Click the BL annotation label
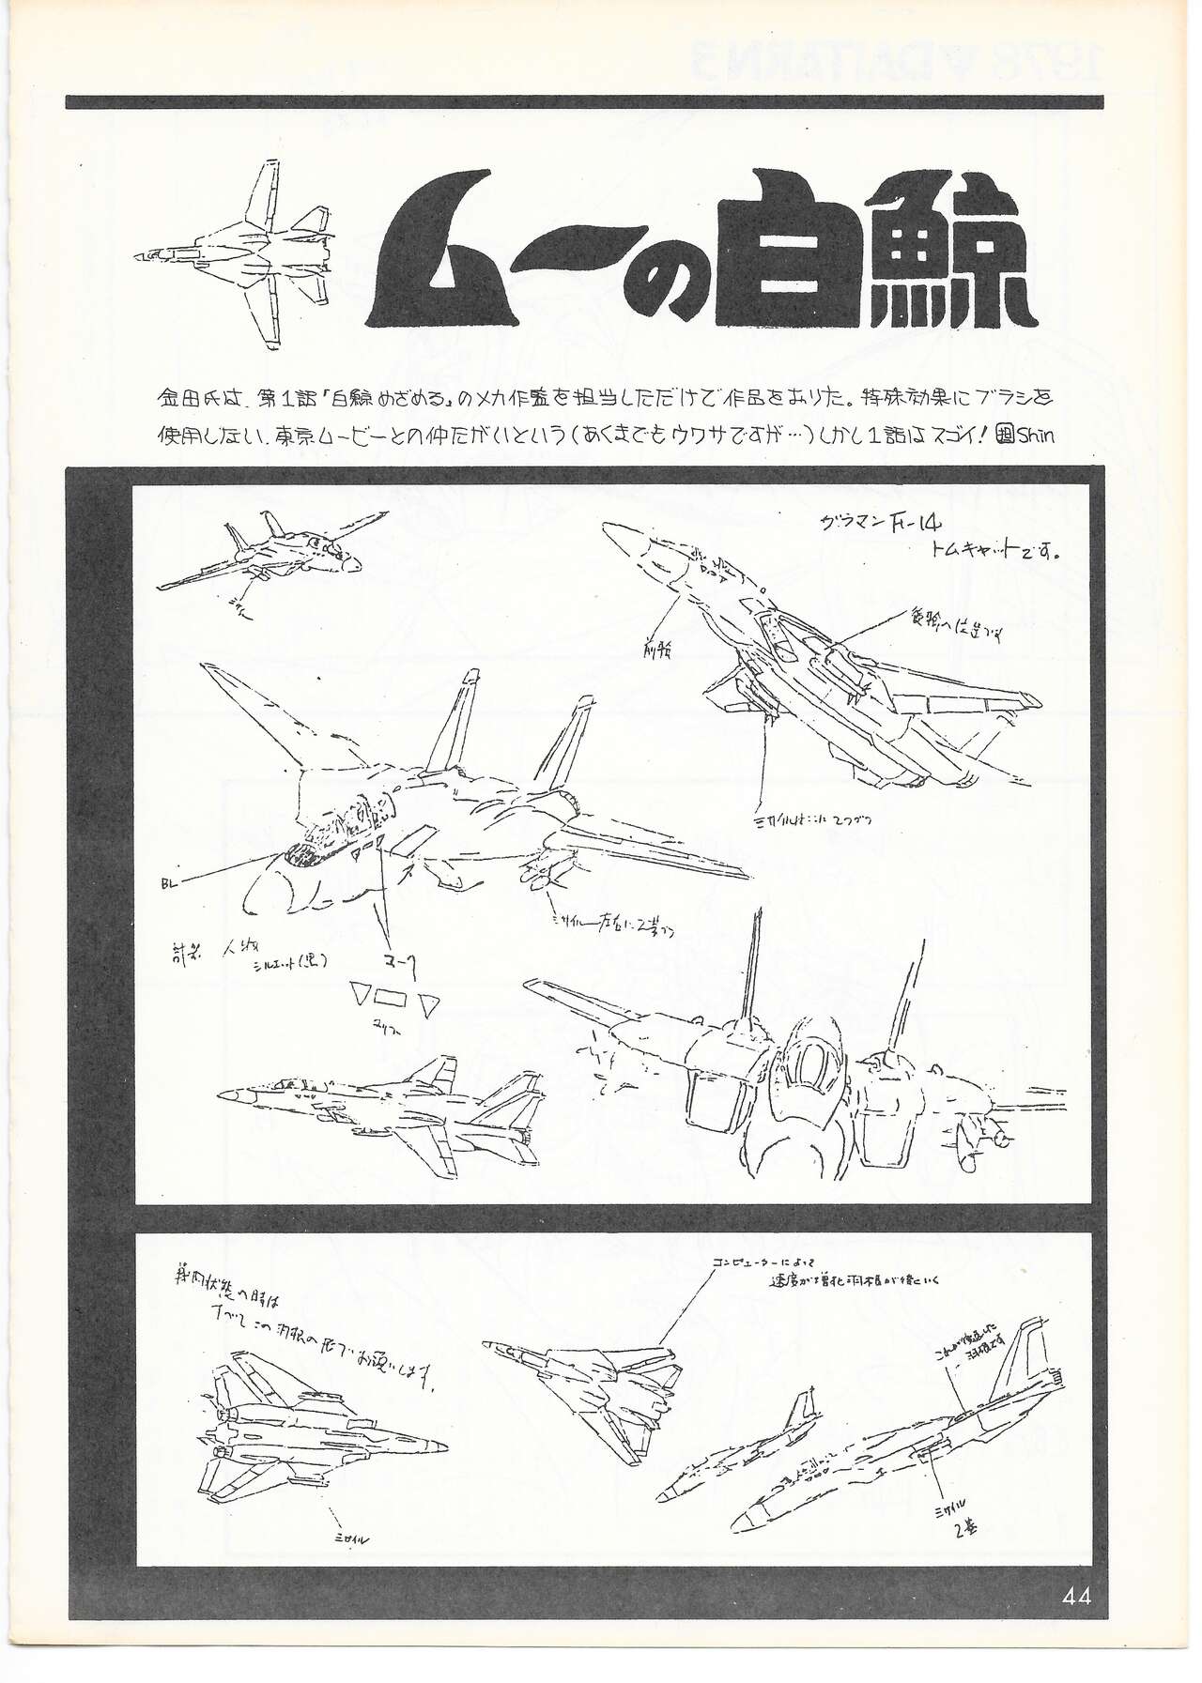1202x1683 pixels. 170,882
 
